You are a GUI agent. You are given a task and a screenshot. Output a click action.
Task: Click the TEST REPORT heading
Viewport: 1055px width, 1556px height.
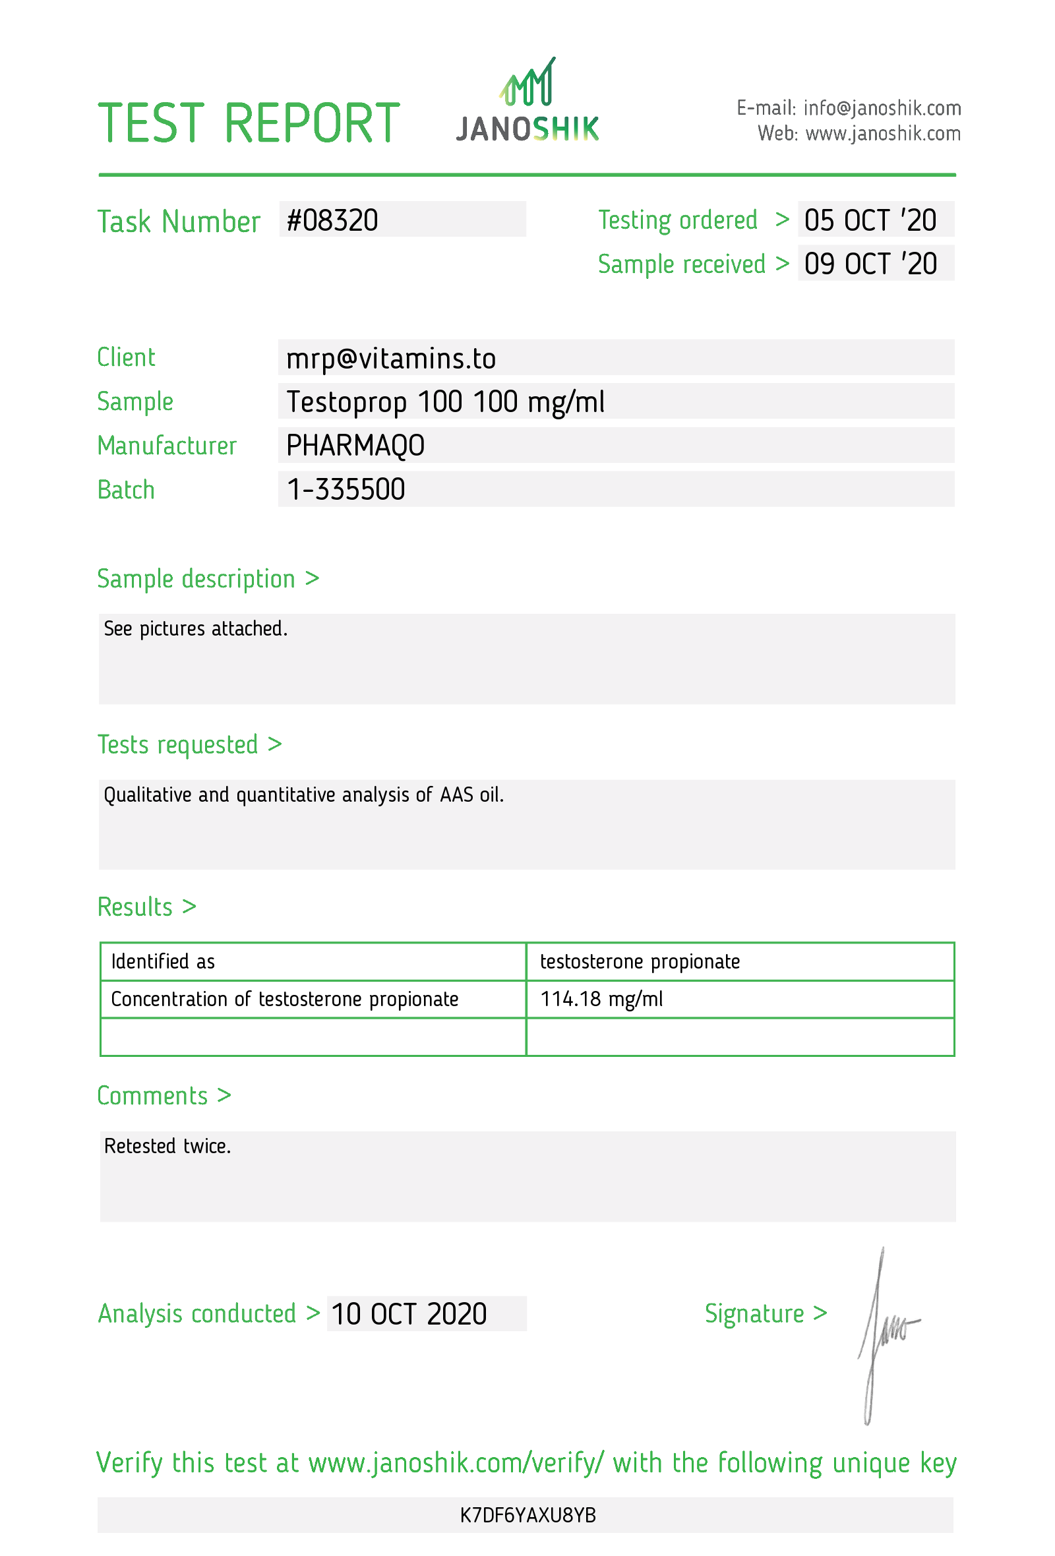[x=249, y=124]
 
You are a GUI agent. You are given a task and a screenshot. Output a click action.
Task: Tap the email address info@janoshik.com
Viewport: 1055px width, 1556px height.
[x=882, y=107]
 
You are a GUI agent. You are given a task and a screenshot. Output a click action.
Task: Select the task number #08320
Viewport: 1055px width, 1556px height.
[x=333, y=220]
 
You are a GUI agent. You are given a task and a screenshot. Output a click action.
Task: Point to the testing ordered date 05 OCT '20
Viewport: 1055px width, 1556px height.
[x=870, y=220]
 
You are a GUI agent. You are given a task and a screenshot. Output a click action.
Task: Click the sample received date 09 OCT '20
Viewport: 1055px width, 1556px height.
[x=870, y=264]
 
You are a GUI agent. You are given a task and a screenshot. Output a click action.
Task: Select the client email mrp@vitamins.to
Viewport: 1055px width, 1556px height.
[x=391, y=358]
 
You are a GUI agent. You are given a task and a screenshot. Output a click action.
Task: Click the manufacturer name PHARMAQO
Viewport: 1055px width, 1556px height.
[x=355, y=445]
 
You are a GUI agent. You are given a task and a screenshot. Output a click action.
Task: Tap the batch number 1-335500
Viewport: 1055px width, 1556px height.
[x=346, y=489]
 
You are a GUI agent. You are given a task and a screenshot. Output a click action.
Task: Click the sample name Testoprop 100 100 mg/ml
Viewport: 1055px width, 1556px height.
[x=445, y=402]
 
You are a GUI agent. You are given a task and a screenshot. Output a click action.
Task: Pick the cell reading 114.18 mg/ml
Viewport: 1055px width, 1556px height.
[x=601, y=999]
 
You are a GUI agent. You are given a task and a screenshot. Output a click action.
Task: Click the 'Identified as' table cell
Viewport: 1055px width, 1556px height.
[x=163, y=961]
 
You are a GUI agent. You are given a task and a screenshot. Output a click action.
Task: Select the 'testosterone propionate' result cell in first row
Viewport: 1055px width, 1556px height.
[x=640, y=961]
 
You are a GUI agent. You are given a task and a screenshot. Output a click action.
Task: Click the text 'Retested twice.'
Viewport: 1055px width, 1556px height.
[x=167, y=1146]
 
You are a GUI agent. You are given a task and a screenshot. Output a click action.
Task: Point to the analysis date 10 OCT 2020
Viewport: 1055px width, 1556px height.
[x=408, y=1313]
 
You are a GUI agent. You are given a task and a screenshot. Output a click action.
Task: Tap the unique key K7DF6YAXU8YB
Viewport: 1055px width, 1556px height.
[x=527, y=1514]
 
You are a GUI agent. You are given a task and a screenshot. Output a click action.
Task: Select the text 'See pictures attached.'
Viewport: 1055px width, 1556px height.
[x=195, y=629]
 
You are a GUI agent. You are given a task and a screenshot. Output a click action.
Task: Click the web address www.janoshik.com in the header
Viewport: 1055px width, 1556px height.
[x=882, y=134]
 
